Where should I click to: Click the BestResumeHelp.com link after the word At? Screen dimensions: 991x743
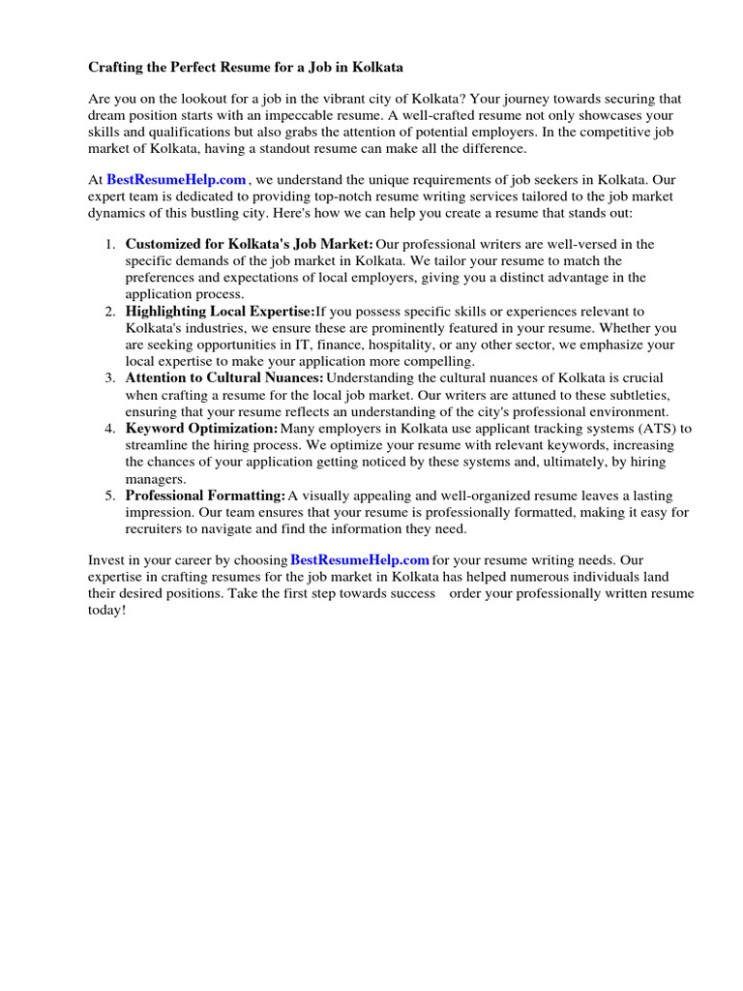(176, 179)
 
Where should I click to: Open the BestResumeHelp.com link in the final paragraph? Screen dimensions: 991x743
(359, 559)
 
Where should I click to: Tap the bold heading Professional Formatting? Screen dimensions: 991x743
(205, 495)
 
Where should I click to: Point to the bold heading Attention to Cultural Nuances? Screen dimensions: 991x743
(224, 377)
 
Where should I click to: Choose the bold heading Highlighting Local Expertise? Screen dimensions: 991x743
(220, 311)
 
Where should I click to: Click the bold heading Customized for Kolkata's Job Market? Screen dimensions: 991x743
(249, 244)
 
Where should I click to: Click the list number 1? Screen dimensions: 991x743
(110, 244)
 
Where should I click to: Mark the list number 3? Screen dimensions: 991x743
(110, 377)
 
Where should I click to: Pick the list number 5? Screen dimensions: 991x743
(110, 495)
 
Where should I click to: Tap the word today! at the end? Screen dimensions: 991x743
(107, 610)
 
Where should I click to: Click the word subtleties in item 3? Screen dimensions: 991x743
(636, 395)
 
